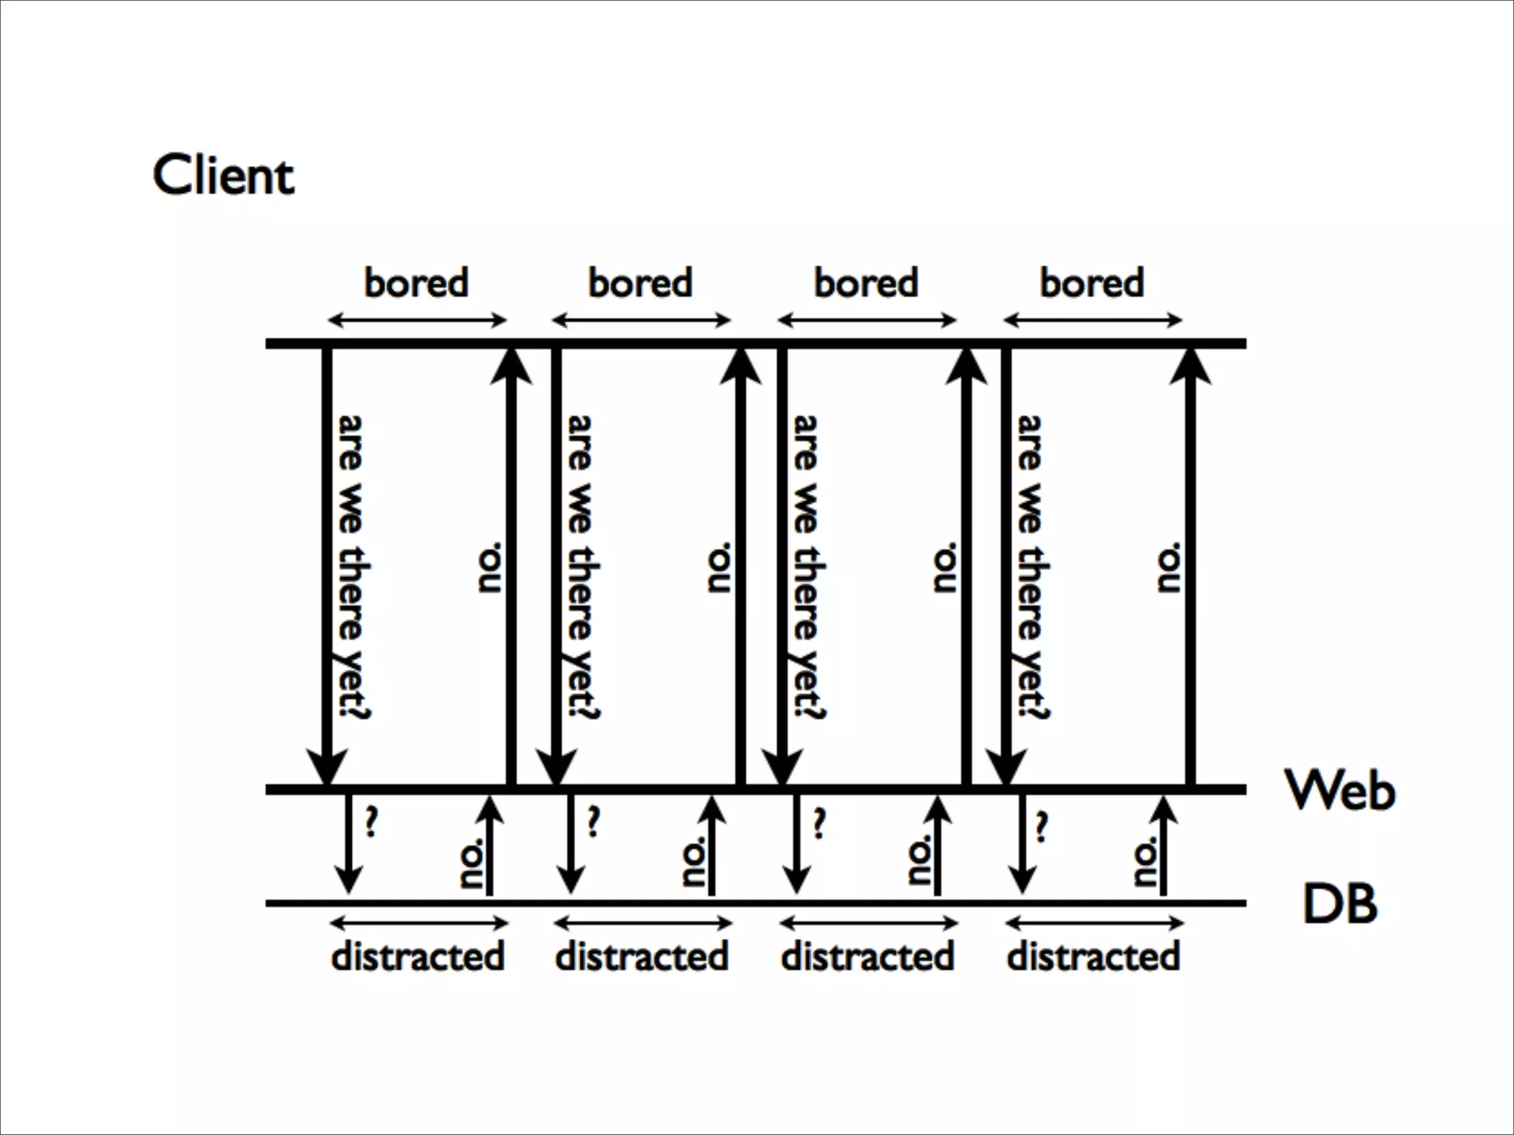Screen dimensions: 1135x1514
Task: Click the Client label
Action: (x=223, y=176)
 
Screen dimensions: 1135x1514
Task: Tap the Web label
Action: (x=1340, y=790)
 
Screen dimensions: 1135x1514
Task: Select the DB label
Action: (x=1340, y=904)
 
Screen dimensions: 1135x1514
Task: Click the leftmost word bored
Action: (x=416, y=283)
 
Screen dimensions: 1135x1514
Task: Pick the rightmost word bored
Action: (x=1092, y=283)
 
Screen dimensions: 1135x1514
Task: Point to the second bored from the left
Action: (x=640, y=283)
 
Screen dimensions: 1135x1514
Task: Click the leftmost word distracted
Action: (x=418, y=956)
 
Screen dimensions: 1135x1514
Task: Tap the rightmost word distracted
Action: (x=1093, y=956)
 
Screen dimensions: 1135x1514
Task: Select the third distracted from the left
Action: (x=868, y=956)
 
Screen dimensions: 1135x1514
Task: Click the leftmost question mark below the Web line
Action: (x=371, y=822)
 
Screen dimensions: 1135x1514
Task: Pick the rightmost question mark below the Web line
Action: (x=1041, y=826)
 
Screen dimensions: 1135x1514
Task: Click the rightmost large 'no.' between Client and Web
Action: (x=1170, y=567)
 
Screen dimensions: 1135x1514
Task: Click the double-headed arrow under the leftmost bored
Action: (x=417, y=320)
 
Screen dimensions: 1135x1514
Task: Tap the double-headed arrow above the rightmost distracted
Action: (x=1094, y=923)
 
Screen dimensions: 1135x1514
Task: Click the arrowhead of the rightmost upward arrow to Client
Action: (x=1190, y=366)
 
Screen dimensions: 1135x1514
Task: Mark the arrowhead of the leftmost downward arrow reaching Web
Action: (x=326, y=767)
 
